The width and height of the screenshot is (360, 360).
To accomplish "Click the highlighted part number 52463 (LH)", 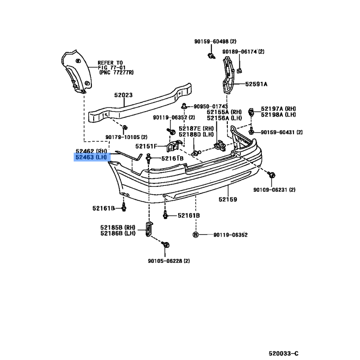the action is coord(91,157).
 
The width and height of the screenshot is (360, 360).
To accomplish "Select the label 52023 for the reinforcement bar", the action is coord(123,95).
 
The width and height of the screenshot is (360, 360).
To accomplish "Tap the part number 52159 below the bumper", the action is coord(228,199).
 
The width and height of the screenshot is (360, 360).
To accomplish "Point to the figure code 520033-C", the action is coord(284,354).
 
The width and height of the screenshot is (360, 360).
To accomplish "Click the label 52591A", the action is coord(256,84).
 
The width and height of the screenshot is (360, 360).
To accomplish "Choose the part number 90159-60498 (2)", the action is coord(216,41).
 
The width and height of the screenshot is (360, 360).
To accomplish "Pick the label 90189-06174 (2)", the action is coord(243,52).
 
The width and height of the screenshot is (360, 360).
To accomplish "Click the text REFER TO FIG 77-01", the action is coord(111,65).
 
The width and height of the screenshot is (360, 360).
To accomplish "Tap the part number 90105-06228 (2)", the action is coord(169,261).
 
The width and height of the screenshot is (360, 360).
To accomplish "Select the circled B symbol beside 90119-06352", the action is coord(195,235).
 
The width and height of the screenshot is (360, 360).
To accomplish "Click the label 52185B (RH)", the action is coord(118,228).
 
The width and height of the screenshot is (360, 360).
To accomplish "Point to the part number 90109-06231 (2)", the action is coord(274,190).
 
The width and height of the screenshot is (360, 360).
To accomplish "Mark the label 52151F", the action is coord(146,146).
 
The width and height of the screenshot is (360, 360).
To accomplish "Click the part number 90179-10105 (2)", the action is coord(126,137).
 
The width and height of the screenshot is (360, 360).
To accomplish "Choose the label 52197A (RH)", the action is coord(278,109).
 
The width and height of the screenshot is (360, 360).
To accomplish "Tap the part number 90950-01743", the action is coord(211,107).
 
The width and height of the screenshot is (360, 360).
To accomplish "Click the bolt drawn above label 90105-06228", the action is coord(165,244).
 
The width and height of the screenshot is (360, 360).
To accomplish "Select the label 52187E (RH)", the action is coord(196,129).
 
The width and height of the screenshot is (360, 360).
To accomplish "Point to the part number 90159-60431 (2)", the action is coord(282,132).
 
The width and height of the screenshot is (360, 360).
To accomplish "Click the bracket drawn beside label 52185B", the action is coord(149,229).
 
